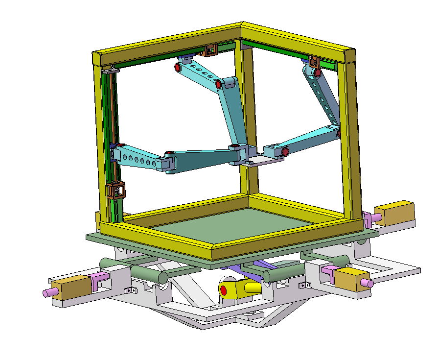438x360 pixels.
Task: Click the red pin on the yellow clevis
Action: (224, 290)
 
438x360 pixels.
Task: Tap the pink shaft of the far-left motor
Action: (48, 293)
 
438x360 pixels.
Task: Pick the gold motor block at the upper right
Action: (399, 213)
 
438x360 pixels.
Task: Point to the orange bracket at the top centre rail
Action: (211, 50)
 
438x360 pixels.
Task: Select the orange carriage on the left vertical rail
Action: (116, 190)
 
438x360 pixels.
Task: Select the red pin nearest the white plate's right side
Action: (285, 152)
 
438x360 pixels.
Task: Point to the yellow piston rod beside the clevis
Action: (252, 287)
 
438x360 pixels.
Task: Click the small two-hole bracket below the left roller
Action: (130, 290)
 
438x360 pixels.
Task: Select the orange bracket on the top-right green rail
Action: (314, 62)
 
